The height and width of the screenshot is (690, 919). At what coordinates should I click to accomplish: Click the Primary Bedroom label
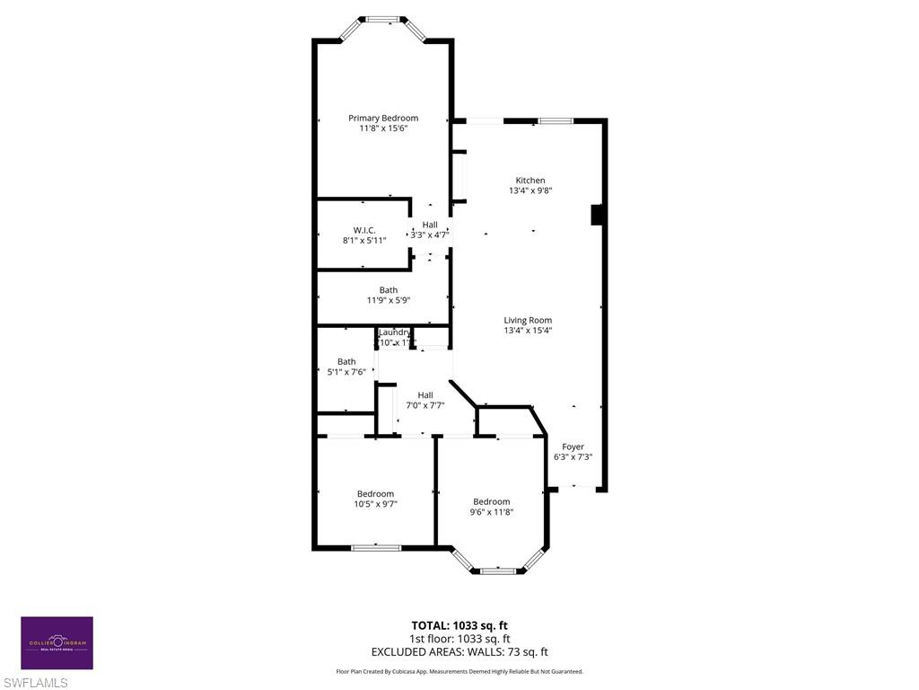(383, 118)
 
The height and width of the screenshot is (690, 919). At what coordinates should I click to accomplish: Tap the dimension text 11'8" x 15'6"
(383, 128)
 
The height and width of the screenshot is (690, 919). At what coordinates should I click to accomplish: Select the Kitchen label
(530, 181)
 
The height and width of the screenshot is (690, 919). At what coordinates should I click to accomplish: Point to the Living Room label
(528, 320)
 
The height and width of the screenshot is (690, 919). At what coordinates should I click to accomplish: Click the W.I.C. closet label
(363, 229)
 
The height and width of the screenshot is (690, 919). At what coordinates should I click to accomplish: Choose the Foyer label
(573, 447)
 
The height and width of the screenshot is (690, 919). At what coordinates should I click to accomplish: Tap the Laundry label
(394, 332)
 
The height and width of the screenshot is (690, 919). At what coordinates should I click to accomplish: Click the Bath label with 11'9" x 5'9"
(388, 290)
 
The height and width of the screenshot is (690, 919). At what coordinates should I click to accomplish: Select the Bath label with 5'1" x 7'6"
(346, 361)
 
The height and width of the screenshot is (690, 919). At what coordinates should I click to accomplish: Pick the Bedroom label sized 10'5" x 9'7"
(375, 493)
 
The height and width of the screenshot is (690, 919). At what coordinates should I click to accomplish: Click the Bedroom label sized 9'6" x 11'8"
(491, 501)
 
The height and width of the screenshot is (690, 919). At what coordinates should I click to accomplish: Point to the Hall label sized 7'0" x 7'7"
(425, 394)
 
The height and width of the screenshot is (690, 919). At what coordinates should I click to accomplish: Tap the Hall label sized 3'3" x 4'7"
(430, 225)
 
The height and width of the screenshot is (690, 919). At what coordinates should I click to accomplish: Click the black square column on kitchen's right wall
(596, 215)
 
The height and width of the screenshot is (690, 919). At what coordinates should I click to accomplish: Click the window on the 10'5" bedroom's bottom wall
(376, 547)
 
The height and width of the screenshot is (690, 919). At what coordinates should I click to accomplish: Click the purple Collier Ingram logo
(57, 643)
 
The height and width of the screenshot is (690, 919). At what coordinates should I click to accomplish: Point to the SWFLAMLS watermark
(34, 683)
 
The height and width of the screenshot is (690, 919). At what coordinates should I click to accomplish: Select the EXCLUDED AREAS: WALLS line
(459, 652)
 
